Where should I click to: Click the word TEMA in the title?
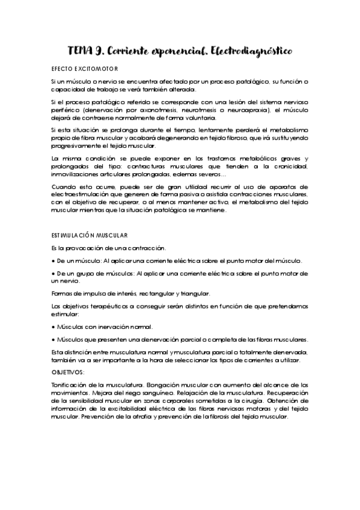[x=80, y=52]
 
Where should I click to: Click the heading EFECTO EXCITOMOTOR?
[x=85, y=69]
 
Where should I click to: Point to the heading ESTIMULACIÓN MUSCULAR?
[x=90, y=235]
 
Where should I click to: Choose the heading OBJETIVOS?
[x=68, y=372]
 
